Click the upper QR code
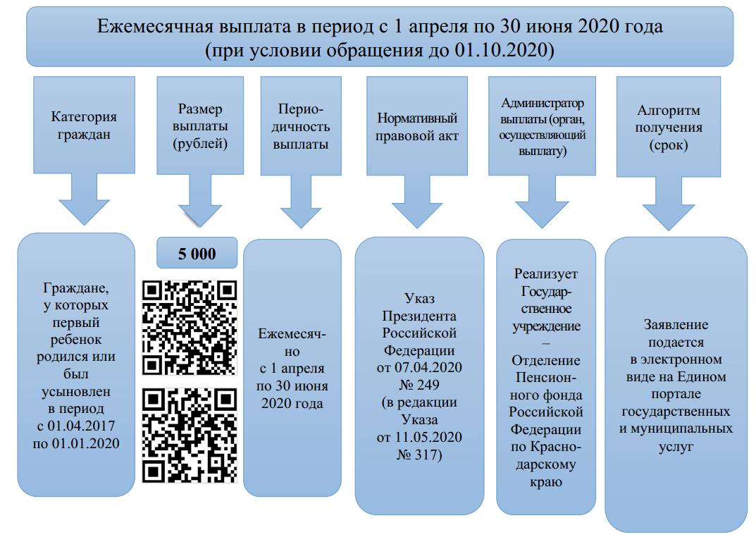pos(190,327)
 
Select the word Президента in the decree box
pos(419,315)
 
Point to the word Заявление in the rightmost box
pos(676,326)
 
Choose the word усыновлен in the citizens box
pos(75,390)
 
